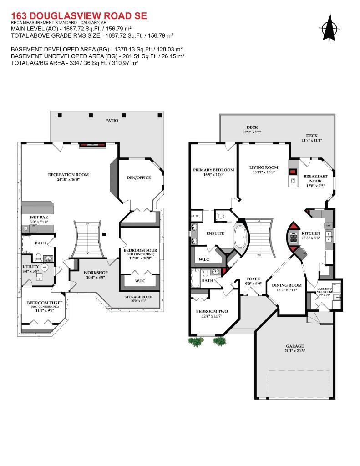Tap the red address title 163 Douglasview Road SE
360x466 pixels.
(79, 16)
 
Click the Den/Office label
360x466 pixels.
(138, 177)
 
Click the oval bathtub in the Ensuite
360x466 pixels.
(240, 236)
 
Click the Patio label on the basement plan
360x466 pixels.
(111, 121)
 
